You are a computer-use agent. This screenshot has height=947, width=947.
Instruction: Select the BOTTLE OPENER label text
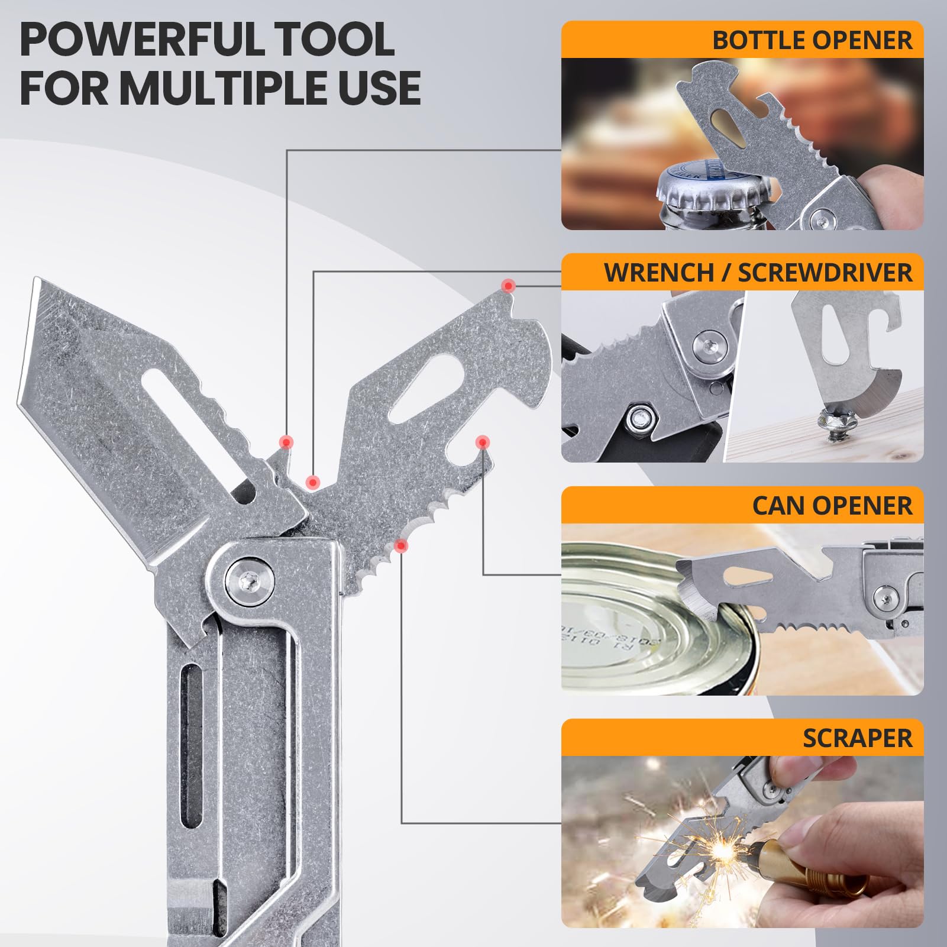(812, 40)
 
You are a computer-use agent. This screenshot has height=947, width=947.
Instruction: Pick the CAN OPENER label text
(832, 506)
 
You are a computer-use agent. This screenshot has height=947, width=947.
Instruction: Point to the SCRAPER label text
(858, 738)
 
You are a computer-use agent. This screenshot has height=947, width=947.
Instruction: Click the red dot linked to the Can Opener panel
(483, 442)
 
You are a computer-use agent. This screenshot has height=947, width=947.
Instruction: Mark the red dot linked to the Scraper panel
(402, 545)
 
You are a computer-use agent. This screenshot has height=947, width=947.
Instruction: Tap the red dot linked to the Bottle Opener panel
(287, 441)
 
